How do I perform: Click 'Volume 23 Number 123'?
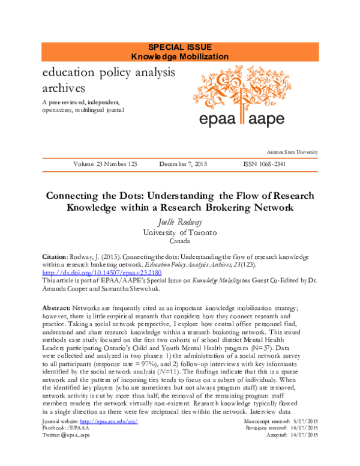[107, 164]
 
